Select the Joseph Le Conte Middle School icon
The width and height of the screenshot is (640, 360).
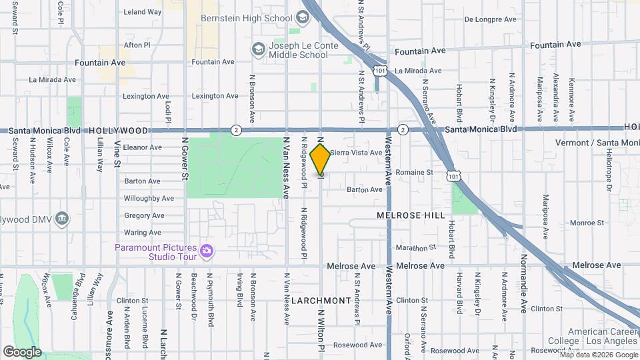pos(257,49)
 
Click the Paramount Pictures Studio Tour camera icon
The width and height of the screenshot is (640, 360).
pos(207,250)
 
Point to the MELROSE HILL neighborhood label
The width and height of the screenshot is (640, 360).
pos(409,215)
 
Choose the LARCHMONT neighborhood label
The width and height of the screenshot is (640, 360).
pos(321,301)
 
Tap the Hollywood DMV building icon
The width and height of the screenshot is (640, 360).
pos(62,218)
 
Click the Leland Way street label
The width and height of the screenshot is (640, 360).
pos(143,12)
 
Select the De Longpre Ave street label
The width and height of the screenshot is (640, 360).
pos(491,19)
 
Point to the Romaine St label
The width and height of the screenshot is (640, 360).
pos(414,172)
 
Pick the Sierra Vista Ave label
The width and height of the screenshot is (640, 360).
pos(356,152)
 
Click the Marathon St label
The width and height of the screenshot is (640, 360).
pos(415,247)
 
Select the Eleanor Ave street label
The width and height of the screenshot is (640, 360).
pos(142,147)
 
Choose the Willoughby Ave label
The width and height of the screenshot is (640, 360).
pos(149,198)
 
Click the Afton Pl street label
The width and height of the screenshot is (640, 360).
pos(137,45)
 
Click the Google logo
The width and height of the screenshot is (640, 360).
pos(22,351)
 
